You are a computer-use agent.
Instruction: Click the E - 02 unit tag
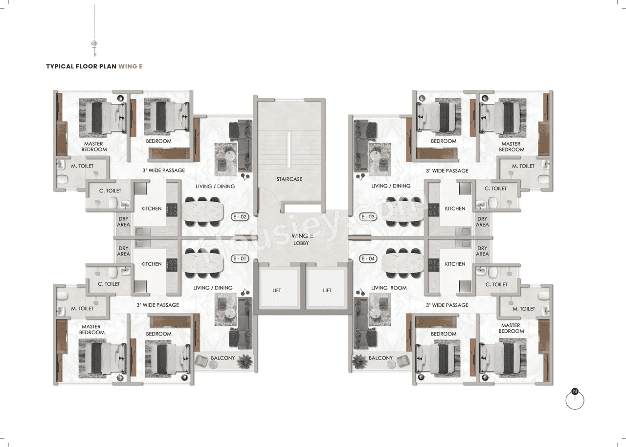pos(240,216)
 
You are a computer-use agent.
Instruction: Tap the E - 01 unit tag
pos(240,258)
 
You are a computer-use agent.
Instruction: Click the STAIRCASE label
pos(289,179)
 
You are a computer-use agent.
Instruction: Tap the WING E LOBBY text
pos(301,239)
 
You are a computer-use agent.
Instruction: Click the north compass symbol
pos(575,400)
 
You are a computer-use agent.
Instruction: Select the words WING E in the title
pos(131,66)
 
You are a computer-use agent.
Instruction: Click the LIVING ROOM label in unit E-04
pos(389,288)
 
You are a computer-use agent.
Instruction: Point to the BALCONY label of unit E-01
pos(223,358)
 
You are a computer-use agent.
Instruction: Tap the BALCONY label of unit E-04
pos(380,358)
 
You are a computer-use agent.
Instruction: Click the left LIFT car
pos(277,290)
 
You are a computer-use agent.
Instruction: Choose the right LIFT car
pos(327,290)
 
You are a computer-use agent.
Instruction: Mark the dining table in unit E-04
pos(403,259)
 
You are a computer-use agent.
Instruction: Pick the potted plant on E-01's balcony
pos(245,361)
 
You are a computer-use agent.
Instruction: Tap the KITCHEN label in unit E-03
pos(455,209)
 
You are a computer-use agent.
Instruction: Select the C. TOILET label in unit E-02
pos(110,191)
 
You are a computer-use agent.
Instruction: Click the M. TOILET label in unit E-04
pos(523,309)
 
